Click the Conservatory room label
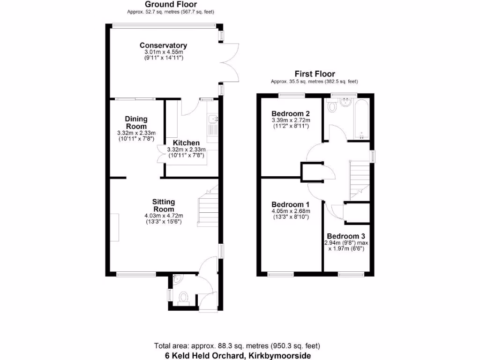pyautogui.click(x=163, y=45)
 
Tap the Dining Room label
pyautogui.click(x=136, y=123)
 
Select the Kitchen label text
pyautogui.click(x=186, y=143)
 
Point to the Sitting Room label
pyautogui.click(x=163, y=205)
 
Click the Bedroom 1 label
pyautogui.click(x=291, y=205)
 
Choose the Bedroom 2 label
pyautogui.click(x=291, y=114)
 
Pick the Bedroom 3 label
pyautogui.click(x=346, y=236)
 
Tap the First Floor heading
pyautogui.click(x=315, y=74)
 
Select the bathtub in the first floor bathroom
pyautogui.click(x=362, y=120)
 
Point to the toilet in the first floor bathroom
pyautogui.click(x=333, y=107)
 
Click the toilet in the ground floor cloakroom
pyautogui.click(x=184, y=297)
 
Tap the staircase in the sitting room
pyautogui.click(x=208, y=206)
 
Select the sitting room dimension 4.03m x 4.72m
pyautogui.click(x=163, y=216)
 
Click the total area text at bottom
pyautogui.click(x=237, y=346)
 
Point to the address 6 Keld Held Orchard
pyautogui.click(x=238, y=355)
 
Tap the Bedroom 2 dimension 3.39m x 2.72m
pyautogui.click(x=291, y=120)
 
